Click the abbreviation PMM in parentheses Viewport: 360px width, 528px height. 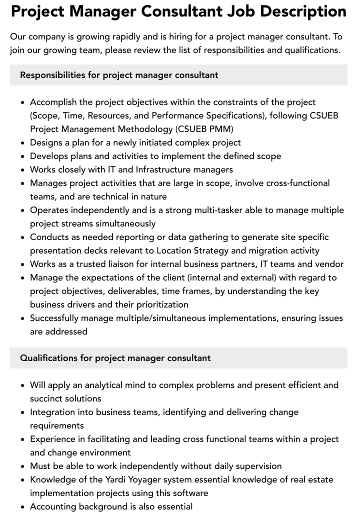(221, 129)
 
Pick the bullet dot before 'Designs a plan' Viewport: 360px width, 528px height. (23, 143)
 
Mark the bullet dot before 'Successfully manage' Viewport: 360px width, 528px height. (23, 318)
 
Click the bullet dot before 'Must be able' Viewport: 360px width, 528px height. (23, 466)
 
